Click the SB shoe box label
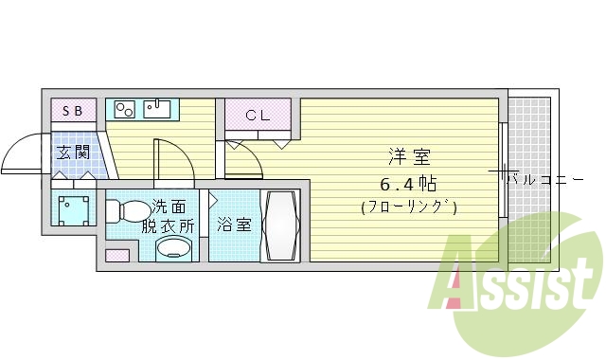tap(73, 111)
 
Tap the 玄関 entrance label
tap(73, 152)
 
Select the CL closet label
tap(258, 117)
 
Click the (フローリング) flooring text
tap(408, 207)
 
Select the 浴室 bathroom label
tap(233, 225)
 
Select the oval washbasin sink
tap(173, 249)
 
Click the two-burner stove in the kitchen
tap(125, 110)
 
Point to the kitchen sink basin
tap(157, 109)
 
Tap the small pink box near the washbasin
tap(117, 256)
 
